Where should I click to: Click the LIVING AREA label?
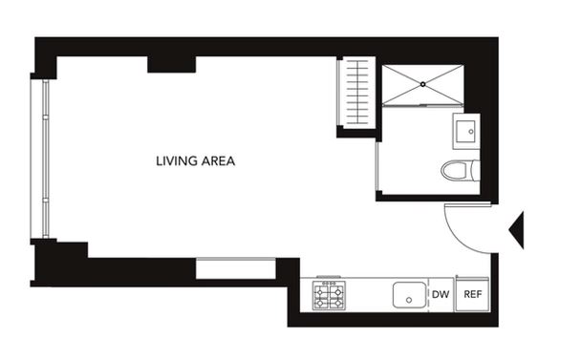click(195, 161)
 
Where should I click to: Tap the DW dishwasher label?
click(441, 294)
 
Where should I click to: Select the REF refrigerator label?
click(473, 294)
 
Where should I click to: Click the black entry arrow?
click(516, 230)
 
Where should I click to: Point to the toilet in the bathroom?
click(461, 170)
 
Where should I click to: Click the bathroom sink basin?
click(465, 132)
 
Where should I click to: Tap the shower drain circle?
click(422, 84)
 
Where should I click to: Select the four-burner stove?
click(329, 295)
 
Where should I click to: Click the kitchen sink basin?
click(409, 295)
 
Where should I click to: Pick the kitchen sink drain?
click(409, 300)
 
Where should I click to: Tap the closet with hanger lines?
click(356, 93)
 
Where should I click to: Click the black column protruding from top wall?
click(172, 64)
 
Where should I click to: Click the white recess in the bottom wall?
click(236, 268)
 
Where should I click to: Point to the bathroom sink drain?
click(471, 132)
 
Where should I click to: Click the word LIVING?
click(177, 161)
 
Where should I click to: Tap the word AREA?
click(218, 161)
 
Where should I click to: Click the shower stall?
click(422, 85)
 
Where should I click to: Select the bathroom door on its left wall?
click(377, 166)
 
